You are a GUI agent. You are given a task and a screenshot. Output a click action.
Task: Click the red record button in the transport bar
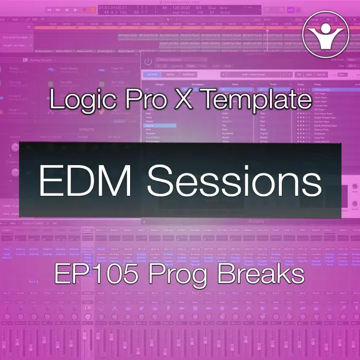click(85, 9)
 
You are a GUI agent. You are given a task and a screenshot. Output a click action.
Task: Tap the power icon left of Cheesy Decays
click(148, 61)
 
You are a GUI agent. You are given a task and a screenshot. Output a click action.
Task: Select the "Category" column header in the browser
click(159, 84)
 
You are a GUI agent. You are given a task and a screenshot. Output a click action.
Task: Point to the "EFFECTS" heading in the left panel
click(86, 130)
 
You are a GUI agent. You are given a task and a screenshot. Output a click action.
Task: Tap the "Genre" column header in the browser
click(236, 84)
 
